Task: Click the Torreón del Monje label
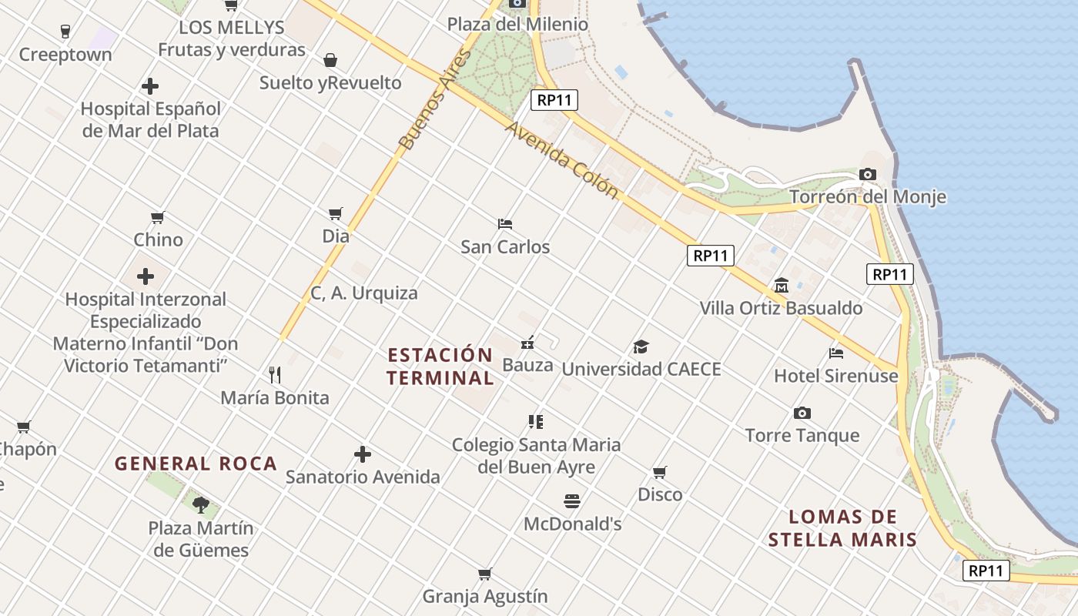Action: [x=868, y=197]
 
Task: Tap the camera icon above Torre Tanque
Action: [x=802, y=413]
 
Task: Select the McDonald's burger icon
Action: [x=572, y=501]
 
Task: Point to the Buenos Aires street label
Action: [x=434, y=100]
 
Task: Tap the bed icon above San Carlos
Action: [x=505, y=224]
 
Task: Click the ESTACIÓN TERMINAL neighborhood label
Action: [x=440, y=367]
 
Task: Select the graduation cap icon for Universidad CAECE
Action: [x=641, y=346]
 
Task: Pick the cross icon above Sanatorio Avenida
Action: [x=363, y=454]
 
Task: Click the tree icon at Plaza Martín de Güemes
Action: [x=201, y=505]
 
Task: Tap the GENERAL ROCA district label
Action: [x=196, y=464]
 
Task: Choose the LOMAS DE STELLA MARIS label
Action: [x=842, y=528]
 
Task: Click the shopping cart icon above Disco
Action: [x=660, y=472]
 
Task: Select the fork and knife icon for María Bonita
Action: [x=275, y=375]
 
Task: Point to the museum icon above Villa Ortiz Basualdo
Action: [x=782, y=286]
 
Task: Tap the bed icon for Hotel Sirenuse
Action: [x=836, y=353]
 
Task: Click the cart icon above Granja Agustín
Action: [x=485, y=574]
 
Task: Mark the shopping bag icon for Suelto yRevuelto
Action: [x=330, y=60]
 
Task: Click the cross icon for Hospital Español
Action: [x=150, y=86]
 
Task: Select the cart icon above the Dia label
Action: [x=336, y=213]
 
